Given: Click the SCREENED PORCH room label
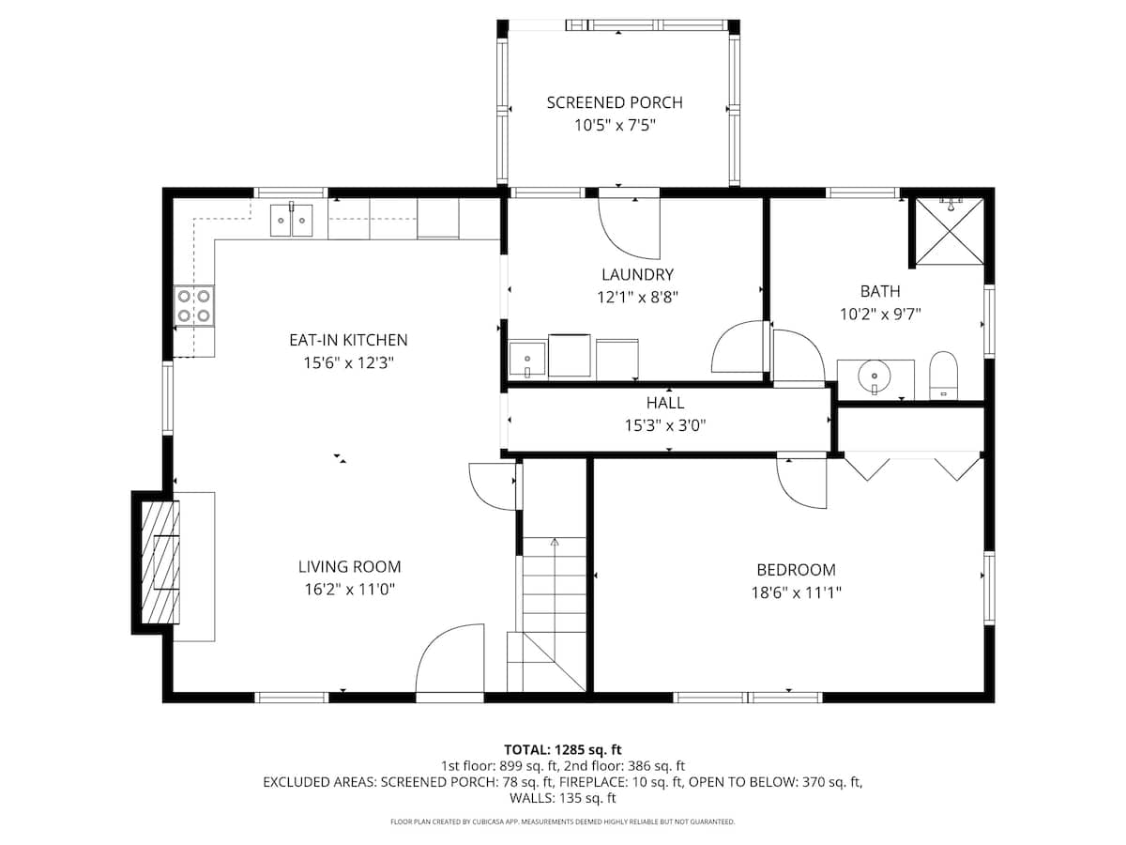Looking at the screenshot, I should point(615,102).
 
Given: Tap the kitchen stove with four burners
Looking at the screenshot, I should point(194,306).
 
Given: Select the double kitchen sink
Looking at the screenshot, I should point(292,221).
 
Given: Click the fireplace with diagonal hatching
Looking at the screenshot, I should point(160,561).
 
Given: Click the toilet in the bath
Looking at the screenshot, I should point(942,376).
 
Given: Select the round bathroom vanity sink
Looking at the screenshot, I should point(875,378).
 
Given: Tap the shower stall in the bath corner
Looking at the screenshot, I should point(950,230).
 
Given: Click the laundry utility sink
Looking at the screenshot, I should point(526,359).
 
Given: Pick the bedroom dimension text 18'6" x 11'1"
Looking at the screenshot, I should point(796,592).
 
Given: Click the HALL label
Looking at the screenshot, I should point(665,403).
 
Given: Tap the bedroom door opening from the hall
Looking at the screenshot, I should point(800,482).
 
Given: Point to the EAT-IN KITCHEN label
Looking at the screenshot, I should point(348,340).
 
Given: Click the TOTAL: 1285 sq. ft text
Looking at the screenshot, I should point(563,749).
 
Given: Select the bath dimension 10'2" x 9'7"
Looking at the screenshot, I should point(880,315).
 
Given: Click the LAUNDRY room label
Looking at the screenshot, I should point(638,274).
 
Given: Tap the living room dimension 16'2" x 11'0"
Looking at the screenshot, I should point(349,590).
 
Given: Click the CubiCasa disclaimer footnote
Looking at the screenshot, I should point(563,822).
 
